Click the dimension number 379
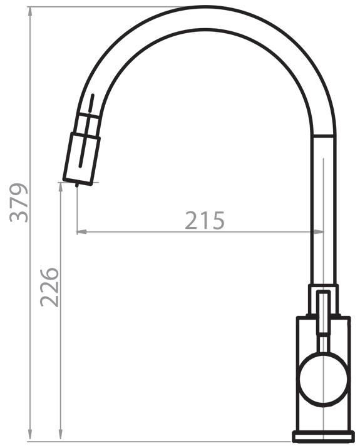[19, 203]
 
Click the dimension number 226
[49, 287]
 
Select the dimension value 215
[205, 220]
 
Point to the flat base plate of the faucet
[324, 437]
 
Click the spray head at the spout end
[81, 159]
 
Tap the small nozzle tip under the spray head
[76, 185]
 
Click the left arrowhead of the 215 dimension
[81, 232]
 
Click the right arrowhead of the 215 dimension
[319, 232]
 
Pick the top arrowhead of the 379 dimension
[30, 12]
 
